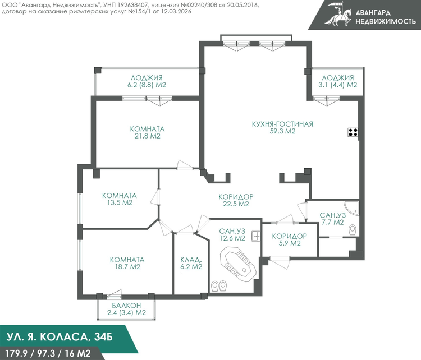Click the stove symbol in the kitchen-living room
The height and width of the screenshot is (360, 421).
point(353,132)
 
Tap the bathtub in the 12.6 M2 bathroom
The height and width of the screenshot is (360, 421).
point(237,265)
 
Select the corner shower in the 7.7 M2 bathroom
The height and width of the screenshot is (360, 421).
point(352,207)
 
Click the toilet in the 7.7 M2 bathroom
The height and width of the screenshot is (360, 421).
point(353,230)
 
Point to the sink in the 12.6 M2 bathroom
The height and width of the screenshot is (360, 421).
point(256,236)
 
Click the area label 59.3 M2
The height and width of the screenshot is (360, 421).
point(282,131)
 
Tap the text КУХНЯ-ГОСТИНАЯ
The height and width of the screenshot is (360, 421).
point(282,124)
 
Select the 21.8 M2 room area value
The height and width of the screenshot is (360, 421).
point(148,136)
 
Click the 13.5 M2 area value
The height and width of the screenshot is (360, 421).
point(120,202)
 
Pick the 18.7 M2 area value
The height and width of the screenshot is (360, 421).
point(127,267)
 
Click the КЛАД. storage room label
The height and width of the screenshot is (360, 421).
point(191,260)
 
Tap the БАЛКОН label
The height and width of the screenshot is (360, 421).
point(126,306)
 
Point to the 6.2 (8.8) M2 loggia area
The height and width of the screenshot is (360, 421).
point(147,85)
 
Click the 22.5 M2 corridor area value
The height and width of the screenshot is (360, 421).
point(236,204)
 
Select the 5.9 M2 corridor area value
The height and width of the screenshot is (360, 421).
point(289,243)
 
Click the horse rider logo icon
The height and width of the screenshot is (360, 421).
point(338,14)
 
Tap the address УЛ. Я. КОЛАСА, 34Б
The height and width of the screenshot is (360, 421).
point(60,337)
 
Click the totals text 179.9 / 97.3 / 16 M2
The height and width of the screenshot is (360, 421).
point(48,353)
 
